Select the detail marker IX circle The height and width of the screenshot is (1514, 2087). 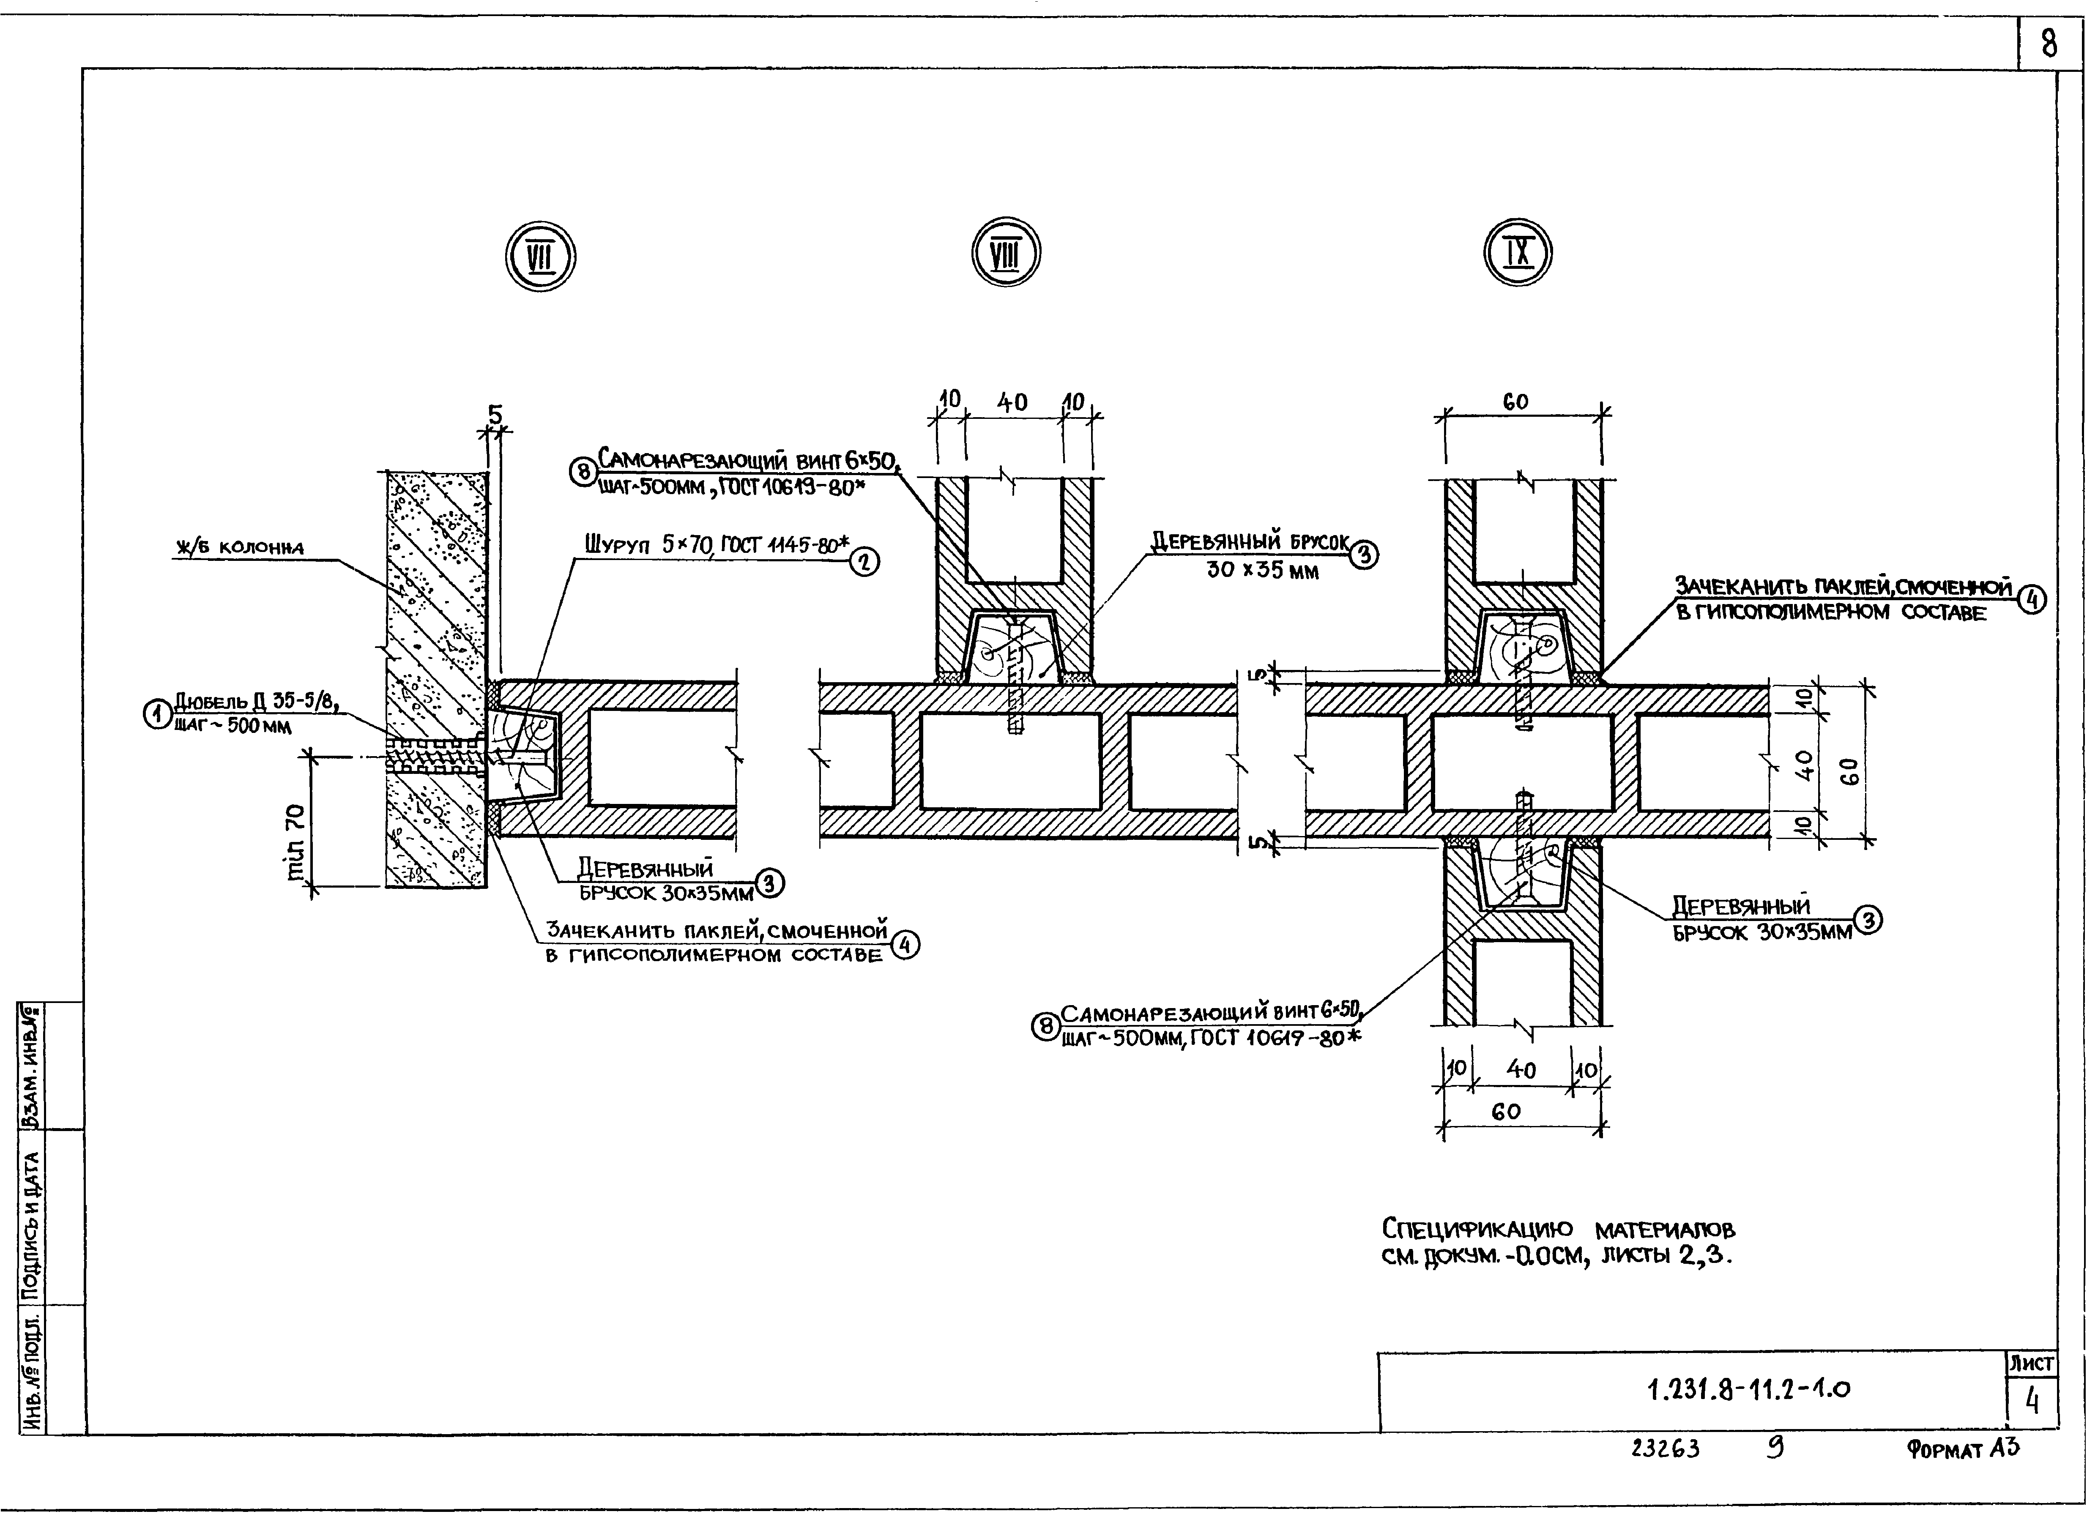1518,252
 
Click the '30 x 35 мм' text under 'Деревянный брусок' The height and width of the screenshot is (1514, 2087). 1263,570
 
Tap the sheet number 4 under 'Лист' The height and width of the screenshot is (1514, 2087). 2032,1401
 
